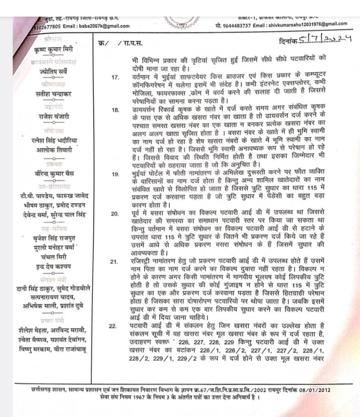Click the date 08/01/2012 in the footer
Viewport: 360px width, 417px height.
point(315,389)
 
